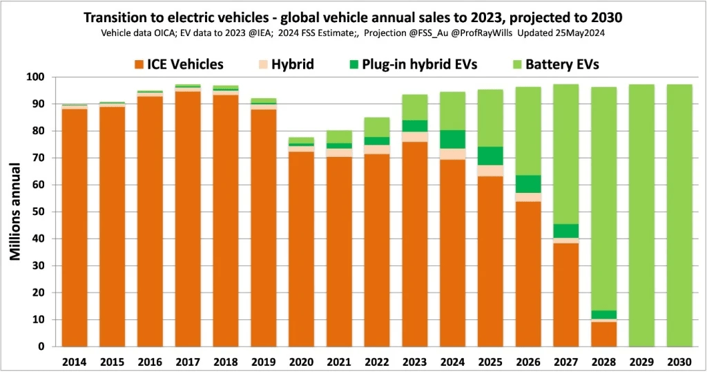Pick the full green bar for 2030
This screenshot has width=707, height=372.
click(x=679, y=215)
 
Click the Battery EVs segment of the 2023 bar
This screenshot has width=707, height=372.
click(x=415, y=107)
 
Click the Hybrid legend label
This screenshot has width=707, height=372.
click(x=293, y=64)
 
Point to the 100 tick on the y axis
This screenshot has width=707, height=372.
click(x=43, y=77)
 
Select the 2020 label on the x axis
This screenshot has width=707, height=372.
click(x=301, y=361)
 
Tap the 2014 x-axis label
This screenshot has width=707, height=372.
click(x=75, y=361)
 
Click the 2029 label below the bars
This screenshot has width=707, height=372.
click(x=641, y=361)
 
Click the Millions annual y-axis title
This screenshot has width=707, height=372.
click(x=15, y=212)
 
